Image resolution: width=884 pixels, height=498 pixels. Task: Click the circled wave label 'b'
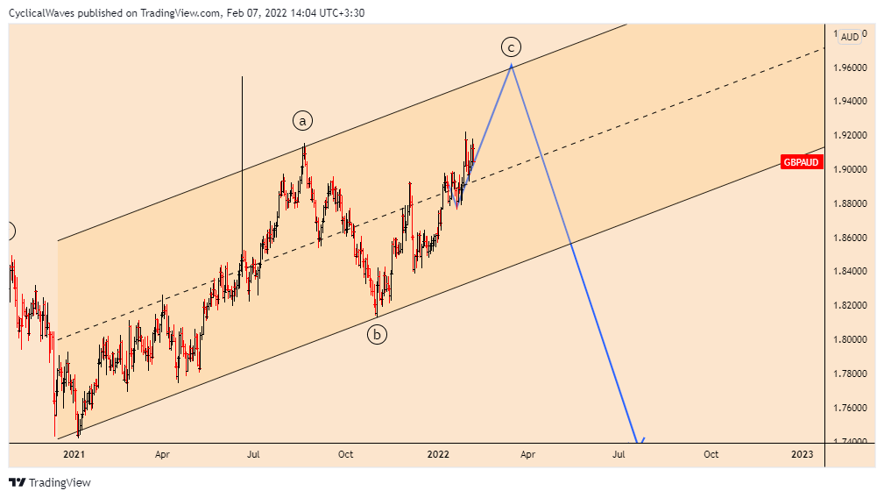(x=377, y=333)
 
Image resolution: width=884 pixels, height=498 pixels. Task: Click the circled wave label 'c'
(x=511, y=46)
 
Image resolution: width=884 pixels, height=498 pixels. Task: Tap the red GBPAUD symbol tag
(x=801, y=162)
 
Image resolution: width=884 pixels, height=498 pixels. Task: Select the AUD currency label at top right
(x=849, y=37)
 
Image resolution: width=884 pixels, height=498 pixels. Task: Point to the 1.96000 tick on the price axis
(x=850, y=68)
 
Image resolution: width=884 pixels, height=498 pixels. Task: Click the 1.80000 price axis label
(x=850, y=339)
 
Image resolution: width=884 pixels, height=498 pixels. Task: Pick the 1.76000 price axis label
(x=850, y=408)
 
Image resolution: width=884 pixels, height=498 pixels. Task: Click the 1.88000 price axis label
(x=850, y=203)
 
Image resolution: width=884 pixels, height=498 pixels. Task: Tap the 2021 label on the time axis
(x=74, y=454)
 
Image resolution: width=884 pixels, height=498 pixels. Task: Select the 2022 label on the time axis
(x=438, y=454)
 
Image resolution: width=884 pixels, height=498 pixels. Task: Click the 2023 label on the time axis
(x=802, y=454)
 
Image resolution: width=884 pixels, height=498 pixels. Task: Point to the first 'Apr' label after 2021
(x=162, y=454)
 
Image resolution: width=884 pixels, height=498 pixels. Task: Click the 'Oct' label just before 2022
(x=346, y=454)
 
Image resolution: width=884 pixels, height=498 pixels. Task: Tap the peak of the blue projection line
(x=511, y=66)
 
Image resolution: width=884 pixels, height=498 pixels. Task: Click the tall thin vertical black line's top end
(x=242, y=77)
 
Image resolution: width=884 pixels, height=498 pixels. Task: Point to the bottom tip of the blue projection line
(x=637, y=441)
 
